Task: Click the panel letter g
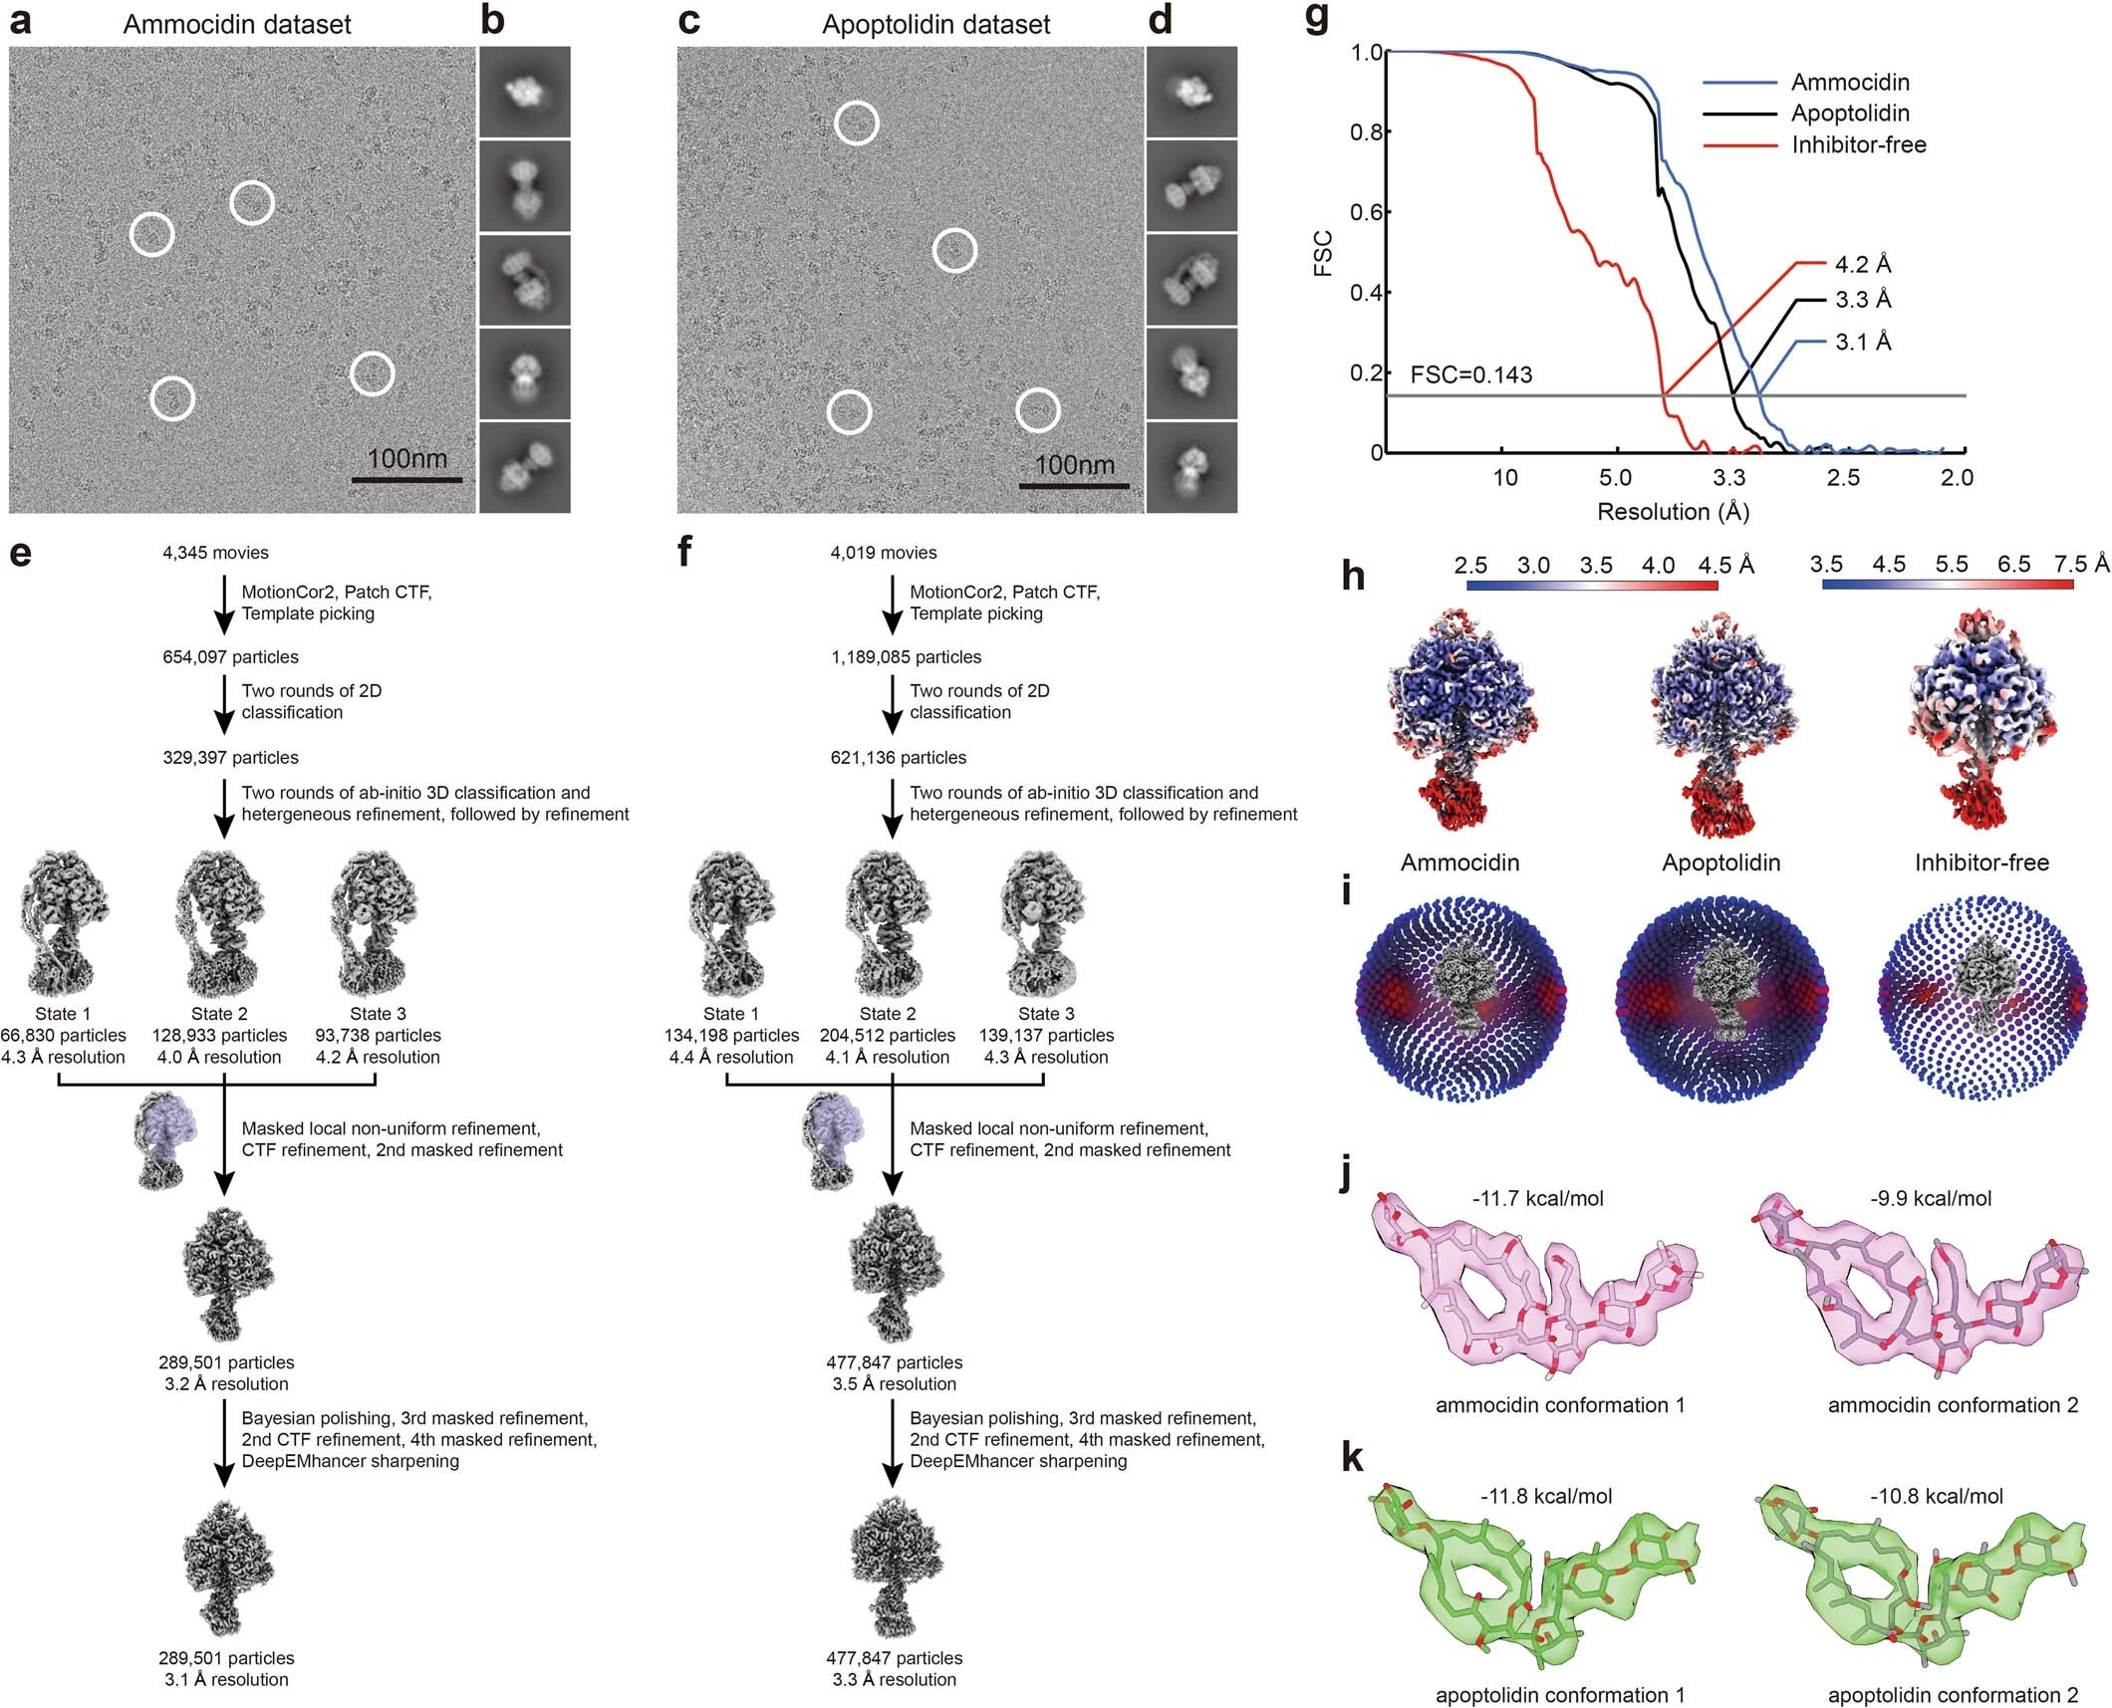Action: point(1316,21)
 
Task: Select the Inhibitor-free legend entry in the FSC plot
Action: point(1858,145)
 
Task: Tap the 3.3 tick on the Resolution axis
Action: point(1728,478)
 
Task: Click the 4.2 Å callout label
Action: point(1862,265)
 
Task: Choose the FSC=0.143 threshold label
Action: point(1470,375)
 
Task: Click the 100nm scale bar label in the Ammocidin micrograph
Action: point(406,459)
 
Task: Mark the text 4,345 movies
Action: point(215,553)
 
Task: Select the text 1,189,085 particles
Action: point(906,657)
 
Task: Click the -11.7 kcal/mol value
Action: point(1537,1199)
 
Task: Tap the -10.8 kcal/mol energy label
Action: point(1936,1496)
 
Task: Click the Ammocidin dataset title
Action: point(237,24)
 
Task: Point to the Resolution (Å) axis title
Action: point(1673,512)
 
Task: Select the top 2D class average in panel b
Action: point(525,92)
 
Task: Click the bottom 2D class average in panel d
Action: point(1191,467)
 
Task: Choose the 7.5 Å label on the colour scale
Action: point(2080,565)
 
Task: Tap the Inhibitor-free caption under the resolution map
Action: point(1981,862)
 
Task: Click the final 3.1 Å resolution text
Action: point(226,1680)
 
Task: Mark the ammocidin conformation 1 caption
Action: point(1560,1405)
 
